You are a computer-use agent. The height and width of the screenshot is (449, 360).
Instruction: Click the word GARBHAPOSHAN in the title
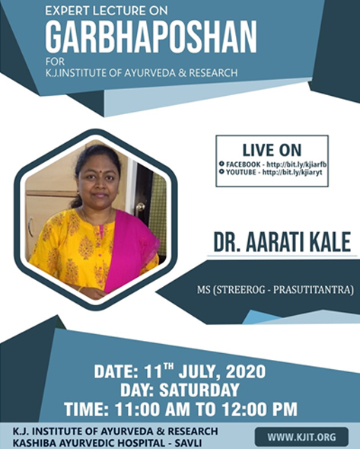[151, 37]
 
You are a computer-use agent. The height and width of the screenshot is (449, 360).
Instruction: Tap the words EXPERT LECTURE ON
[107, 11]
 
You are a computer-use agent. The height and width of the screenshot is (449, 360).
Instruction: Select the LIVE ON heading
[272, 150]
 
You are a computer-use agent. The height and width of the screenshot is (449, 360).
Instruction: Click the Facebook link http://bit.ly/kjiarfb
[297, 164]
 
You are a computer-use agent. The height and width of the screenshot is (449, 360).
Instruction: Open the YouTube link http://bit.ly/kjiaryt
[292, 173]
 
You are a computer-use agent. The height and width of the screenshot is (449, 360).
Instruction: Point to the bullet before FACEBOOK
[221, 164]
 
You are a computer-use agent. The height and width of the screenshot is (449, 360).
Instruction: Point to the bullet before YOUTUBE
[221, 172]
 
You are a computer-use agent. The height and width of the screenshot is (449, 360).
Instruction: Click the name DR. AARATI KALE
[282, 242]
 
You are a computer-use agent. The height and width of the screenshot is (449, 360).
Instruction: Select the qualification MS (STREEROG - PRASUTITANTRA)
[275, 289]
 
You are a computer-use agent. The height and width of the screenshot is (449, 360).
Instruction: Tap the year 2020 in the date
[246, 371]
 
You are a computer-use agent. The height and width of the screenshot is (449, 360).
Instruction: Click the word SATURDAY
[199, 390]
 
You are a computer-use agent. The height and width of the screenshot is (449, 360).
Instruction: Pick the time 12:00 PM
[260, 409]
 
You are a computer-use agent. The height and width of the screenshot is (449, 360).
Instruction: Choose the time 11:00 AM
[152, 409]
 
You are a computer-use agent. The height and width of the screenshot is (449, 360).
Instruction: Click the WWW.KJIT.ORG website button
[301, 437]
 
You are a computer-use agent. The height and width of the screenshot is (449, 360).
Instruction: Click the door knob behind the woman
[140, 206]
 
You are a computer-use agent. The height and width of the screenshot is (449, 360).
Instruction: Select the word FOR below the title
[55, 62]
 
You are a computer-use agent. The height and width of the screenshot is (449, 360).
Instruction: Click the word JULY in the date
[199, 372]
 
